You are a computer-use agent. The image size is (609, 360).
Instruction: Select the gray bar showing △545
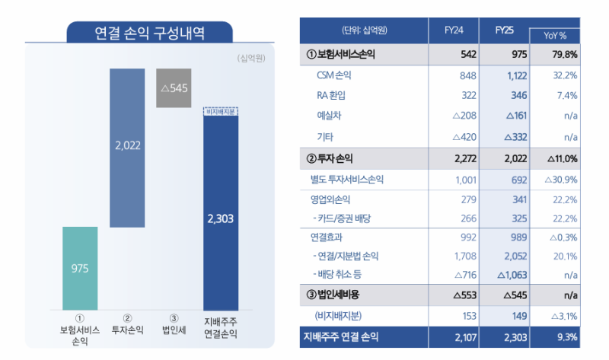[174, 88]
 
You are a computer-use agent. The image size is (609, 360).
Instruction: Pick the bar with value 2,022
[127, 148]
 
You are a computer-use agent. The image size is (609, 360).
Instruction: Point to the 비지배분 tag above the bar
[221, 111]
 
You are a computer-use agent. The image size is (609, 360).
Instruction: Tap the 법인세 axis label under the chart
[174, 329]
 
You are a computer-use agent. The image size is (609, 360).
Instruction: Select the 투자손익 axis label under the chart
[127, 329]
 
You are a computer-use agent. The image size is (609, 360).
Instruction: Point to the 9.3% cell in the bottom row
[566, 336]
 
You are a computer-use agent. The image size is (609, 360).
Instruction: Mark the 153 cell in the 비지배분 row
[467, 315]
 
